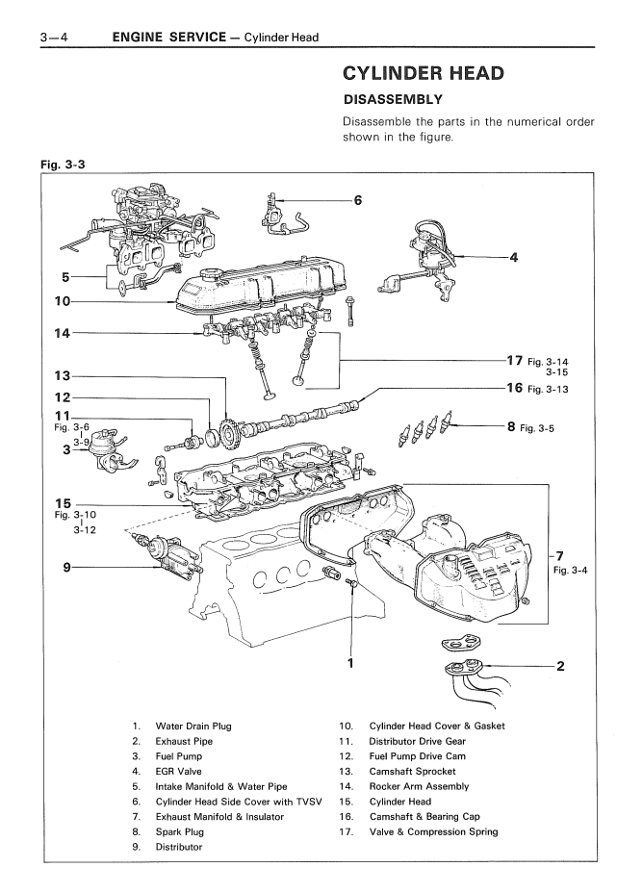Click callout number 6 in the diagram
[357, 200]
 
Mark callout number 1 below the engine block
[352, 662]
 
